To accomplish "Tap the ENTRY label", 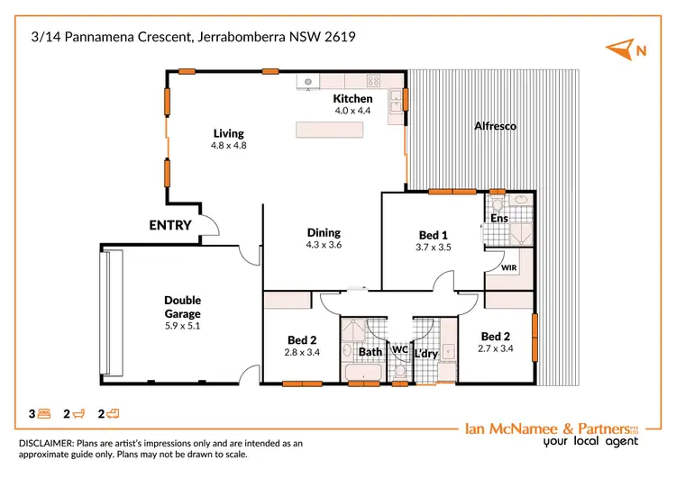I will tap(170, 225).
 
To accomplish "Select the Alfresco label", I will tap(495, 126).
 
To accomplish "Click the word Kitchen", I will tap(352, 99).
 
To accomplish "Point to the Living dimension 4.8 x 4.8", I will tap(228, 145).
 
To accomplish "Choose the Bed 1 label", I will tap(433, 234).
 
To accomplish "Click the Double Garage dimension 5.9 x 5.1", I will tap(182, 326).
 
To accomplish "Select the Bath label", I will tap(370, 353).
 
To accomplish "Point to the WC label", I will tap(397, 348).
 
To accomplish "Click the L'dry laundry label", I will tap(425, 354).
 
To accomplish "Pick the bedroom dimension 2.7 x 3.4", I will tap(496, 347).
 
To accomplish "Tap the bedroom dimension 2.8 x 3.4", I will tap(301, 352).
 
